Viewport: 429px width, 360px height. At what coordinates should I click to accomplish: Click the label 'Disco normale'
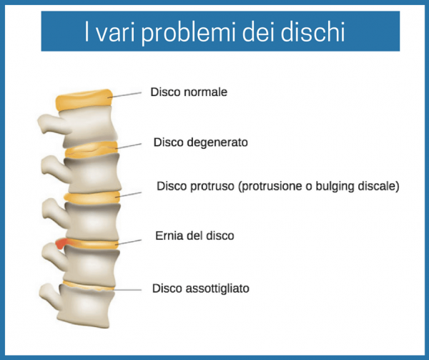(x=189, y=92)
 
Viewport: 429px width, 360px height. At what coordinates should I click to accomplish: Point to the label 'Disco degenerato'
(x=200, y=142)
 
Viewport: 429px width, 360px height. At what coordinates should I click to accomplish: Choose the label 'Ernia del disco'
(x=194, y=235)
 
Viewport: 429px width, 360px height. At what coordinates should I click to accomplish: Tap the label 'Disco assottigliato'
(x=200, y=288)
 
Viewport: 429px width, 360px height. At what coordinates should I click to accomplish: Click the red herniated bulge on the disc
(x=61, y=243)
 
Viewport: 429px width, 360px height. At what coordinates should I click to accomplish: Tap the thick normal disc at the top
(x=84, y=100)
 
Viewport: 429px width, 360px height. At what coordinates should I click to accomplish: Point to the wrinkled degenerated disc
(x=91, y=149)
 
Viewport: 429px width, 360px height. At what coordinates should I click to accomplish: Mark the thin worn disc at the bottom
(x=87, y=286)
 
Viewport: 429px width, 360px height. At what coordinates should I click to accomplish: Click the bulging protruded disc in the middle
(x=92, y=198)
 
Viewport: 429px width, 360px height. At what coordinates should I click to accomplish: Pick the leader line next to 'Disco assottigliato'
(x=127, y=290)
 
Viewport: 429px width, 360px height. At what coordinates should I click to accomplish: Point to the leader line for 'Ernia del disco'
(x=129, y=242)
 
